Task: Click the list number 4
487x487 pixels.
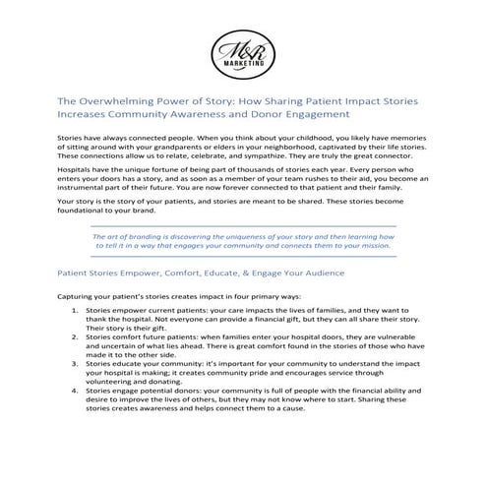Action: point(75,404)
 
